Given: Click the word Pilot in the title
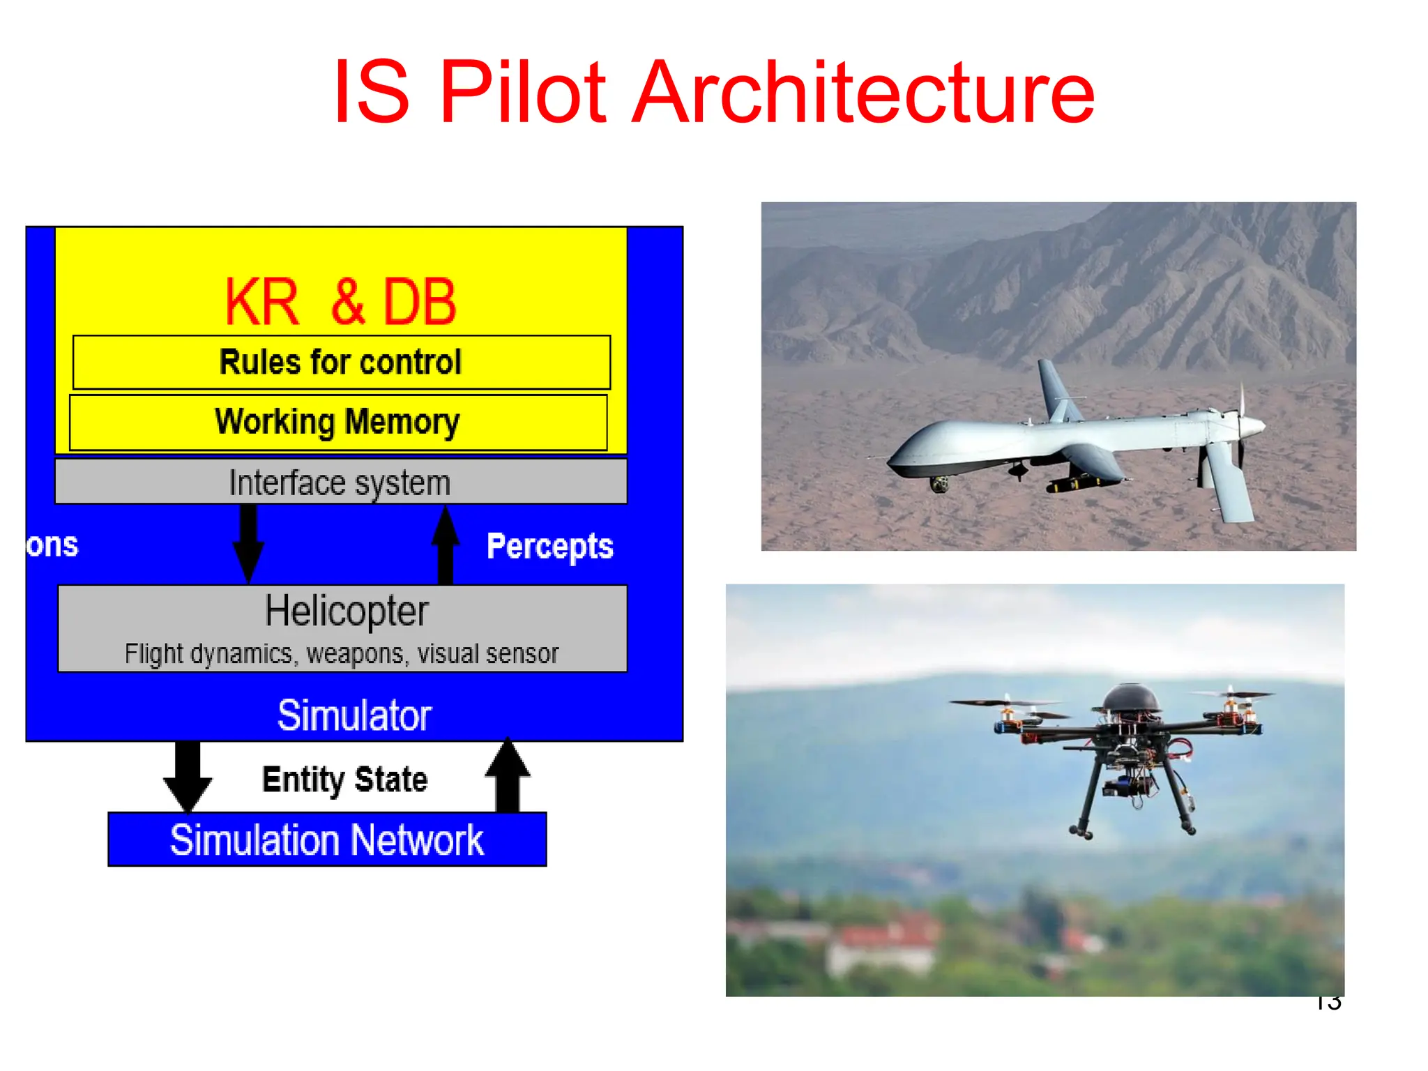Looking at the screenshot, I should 523,92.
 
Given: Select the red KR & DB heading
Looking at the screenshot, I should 340,301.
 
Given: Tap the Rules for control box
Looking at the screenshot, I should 341,362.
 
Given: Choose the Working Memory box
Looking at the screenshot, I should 338,422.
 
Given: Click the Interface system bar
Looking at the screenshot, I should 340,482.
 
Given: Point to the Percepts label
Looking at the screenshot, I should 549,546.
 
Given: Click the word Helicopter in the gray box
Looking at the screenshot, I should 347,612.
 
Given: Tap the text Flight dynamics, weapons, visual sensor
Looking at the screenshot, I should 342,654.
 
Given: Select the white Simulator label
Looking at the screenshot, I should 354,715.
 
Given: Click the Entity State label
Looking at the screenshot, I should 344,779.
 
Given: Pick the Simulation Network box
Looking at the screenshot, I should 327,840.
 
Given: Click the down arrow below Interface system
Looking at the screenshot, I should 248,544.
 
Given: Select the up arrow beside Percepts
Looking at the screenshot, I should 446,544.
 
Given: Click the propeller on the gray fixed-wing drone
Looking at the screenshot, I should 1242,425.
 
